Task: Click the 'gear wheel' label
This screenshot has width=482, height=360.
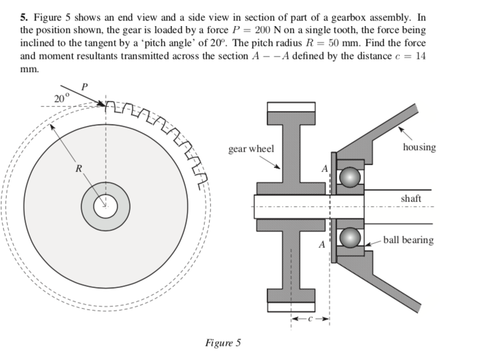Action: [251, 149]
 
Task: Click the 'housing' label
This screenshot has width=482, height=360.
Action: [419, 147]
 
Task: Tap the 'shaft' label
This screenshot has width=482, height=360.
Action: [411, 199]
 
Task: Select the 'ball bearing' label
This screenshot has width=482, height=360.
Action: [408, 239]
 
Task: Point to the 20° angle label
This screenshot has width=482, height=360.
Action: [61, 98]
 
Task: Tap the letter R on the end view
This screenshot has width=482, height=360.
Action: [79, 168]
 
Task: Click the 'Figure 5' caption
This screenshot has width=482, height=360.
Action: [223, 343]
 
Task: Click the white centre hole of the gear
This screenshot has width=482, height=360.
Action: [105, 207]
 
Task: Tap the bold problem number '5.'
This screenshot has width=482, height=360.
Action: [24, 16]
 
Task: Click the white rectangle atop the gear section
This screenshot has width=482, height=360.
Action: [291, 107]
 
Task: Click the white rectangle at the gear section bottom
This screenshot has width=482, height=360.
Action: [291, 307]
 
